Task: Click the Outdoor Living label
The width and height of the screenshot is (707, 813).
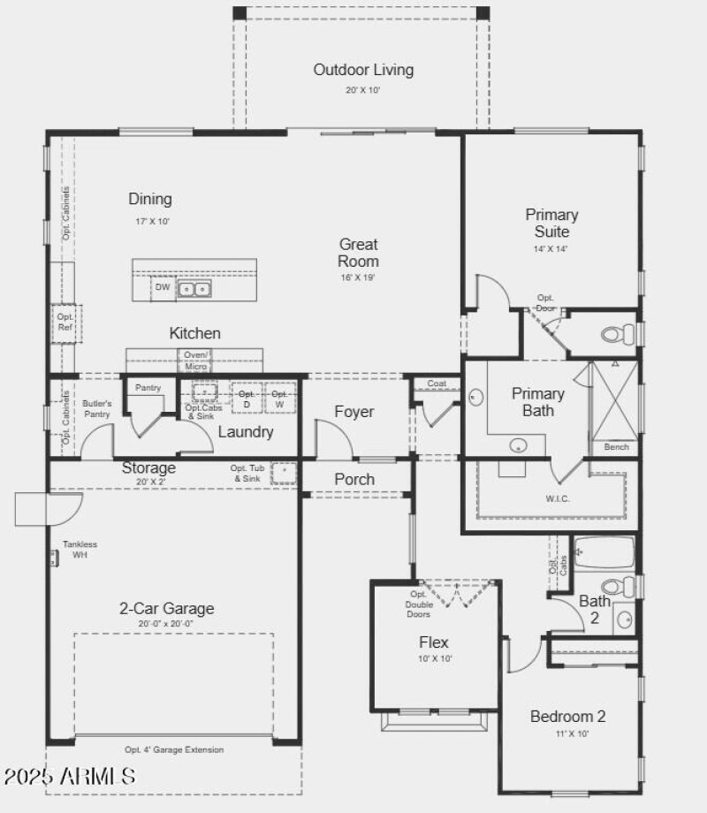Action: (x=363, y=70)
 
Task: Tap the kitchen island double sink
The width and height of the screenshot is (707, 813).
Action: (x=194, y=289)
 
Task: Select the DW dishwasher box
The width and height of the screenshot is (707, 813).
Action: (x=163, y=287)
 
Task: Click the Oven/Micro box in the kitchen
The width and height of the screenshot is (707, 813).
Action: (x=195, y=361)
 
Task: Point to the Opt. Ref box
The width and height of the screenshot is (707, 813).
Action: (x=65, y=323)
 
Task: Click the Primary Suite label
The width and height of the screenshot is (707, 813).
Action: (x=551, y=223)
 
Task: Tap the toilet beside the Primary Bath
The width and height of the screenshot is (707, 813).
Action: (x=619, y=334)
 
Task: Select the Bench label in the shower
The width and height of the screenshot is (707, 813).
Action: (x=616, y=447)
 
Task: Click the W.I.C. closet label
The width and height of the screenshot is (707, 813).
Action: (x=559, y=498)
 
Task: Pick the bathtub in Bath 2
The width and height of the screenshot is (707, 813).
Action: (x=604, y=553)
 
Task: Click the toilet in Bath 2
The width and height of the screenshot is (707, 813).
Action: (x=619, y=586)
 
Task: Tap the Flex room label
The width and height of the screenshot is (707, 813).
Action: (x=433, y=642)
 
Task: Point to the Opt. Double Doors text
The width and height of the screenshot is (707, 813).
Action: (x=419, y=604)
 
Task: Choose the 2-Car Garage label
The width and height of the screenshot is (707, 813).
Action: (x=167, y=609)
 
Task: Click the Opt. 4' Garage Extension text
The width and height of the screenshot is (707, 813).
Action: (x=174, y=749)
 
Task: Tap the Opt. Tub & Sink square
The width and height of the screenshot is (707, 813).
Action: (x=284, y=473)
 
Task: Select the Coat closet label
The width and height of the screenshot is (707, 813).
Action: (x=437, y=384)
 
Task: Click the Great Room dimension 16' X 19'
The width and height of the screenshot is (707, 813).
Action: (x=359, y=278)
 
